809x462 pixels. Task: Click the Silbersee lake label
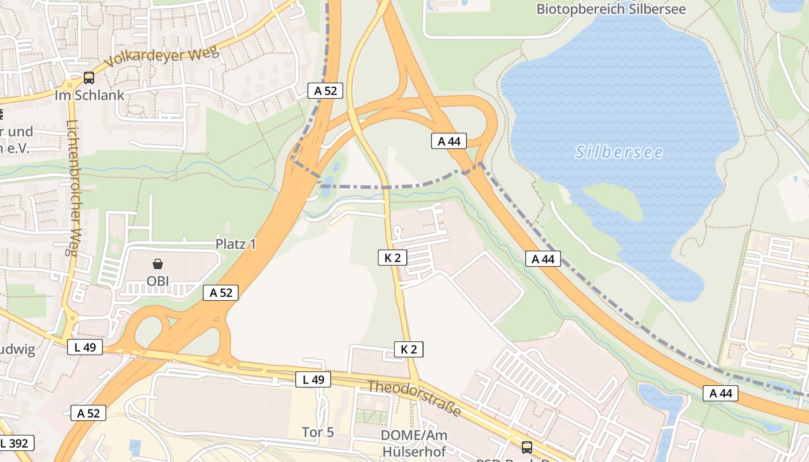click(x=619, y=152)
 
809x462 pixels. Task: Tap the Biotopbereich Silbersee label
click(x=611, y=9)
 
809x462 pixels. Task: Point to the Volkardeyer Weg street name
click(x=162, y=58)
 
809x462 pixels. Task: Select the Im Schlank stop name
click(x=89, y=95)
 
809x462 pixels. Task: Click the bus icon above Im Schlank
click(x=89, y=77)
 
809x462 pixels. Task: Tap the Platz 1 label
click(x=236, y=244)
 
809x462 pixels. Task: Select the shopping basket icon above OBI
click(x=158, y=264)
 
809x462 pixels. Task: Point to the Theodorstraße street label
click(x=414, y=398)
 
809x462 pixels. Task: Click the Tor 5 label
click(x=318, y=432)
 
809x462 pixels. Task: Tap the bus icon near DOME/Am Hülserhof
click(x=526, y=447)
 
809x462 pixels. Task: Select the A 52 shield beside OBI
click(x=221, y=293)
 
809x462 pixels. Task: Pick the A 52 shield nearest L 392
click(x=88, y=413)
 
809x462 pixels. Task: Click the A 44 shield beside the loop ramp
click(x=448, y=141)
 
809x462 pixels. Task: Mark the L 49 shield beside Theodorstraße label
click(x=313, y=379)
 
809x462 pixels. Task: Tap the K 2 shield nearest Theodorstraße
click(x=409, y=349)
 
